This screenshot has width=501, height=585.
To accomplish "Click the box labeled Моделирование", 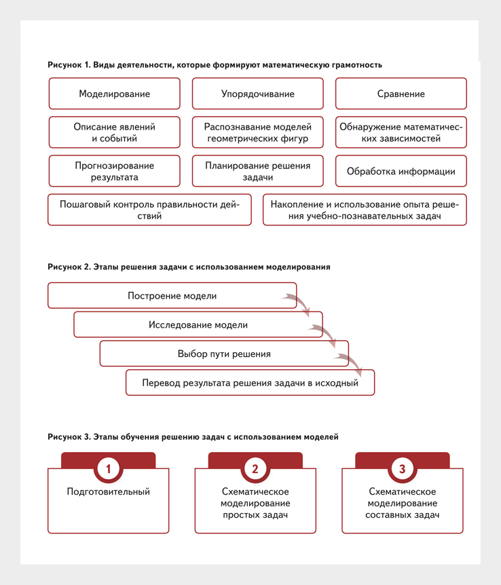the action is coord(114,94).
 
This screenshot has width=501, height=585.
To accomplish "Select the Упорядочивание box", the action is coord(257,94).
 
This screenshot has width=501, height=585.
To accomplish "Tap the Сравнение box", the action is coord(401,94).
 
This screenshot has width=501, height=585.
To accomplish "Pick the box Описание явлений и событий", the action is coord(114,132).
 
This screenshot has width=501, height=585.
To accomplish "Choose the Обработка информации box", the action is coord(401,171).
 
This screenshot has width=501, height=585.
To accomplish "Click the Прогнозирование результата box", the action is coord(114,171).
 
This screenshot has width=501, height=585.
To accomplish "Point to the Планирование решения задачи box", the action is coord(257,171).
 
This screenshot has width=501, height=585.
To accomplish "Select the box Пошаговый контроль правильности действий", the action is coord(149,210).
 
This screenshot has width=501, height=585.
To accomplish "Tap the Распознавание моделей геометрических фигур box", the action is coord(257,132).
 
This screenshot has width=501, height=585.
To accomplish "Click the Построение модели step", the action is coord(172,295).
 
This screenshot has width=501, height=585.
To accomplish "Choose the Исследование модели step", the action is coord(198,324).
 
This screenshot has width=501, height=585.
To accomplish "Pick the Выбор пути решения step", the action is coord(224,354).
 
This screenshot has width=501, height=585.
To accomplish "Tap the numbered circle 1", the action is coord(108,468).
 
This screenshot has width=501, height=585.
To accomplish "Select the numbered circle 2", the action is coord(255,468).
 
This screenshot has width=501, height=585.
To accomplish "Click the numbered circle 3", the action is coord(402,468).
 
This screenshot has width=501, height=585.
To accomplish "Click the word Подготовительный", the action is coord(108,492).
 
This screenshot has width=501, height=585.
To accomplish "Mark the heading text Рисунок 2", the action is coord(69,267).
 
